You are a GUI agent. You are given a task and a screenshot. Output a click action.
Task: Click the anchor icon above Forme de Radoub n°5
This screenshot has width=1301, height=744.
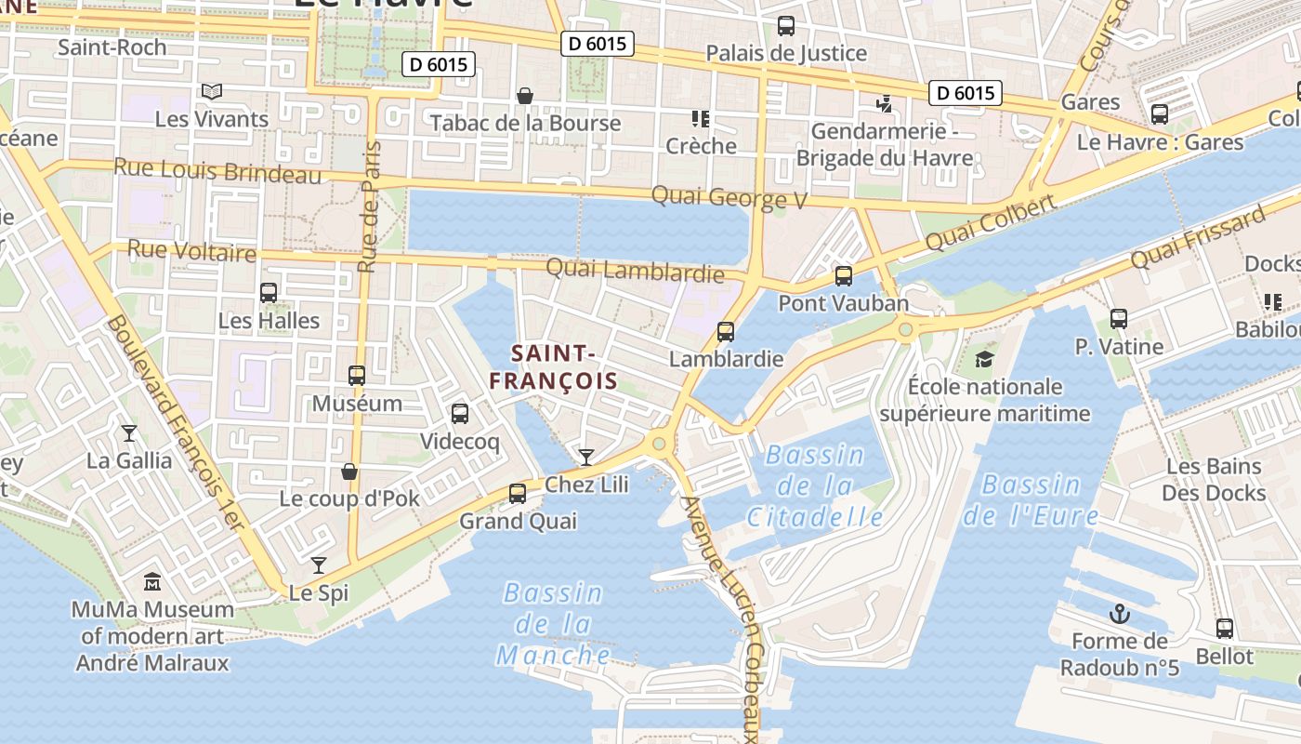coord(1120,614)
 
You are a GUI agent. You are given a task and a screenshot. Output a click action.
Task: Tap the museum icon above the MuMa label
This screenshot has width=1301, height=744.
coord(152,583)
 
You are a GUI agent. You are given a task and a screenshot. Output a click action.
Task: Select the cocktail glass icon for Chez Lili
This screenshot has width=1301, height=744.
coord(586,457)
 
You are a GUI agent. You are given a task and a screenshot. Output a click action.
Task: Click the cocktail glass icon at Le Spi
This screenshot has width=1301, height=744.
coord(319,565)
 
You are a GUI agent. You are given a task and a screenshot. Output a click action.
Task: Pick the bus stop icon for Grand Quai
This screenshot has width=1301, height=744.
coord(518,494)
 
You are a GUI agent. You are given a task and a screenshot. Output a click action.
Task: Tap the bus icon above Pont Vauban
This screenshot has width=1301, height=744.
coord(844,275)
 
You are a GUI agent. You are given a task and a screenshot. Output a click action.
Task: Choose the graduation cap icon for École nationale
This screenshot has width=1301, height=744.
coord(984,359)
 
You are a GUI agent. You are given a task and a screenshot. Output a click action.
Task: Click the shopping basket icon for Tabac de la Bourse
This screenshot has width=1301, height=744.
coord(525,96)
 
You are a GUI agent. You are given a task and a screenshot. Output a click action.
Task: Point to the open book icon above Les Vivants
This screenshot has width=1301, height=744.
coord(212,91)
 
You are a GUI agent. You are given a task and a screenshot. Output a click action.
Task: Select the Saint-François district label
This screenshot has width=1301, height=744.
coord(554,366)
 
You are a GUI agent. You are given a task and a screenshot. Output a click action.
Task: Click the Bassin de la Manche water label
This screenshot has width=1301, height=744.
coord(554,624)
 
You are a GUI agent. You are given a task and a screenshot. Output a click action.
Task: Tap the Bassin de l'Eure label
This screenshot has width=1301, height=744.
coord(1031,499)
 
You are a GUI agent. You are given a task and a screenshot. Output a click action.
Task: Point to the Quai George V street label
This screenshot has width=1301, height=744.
coord(729,197)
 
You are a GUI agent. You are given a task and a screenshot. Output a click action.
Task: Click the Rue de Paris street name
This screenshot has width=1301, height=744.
coord(370,206)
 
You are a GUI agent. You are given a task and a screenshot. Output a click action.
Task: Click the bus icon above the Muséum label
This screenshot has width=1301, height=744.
coord(357,376)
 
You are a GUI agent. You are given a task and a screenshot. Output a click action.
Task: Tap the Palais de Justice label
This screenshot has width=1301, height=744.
coord(786,53)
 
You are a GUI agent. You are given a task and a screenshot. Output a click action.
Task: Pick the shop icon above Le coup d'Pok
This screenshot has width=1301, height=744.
coord(349,472)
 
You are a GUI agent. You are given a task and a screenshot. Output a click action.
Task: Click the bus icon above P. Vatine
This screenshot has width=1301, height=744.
coord(1119,319)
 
